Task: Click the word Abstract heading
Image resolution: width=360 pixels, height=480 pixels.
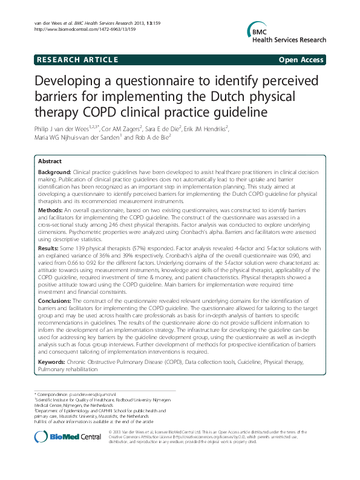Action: [x=50, y=161]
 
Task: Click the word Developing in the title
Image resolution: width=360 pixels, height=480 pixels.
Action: [x=67, y=82]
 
